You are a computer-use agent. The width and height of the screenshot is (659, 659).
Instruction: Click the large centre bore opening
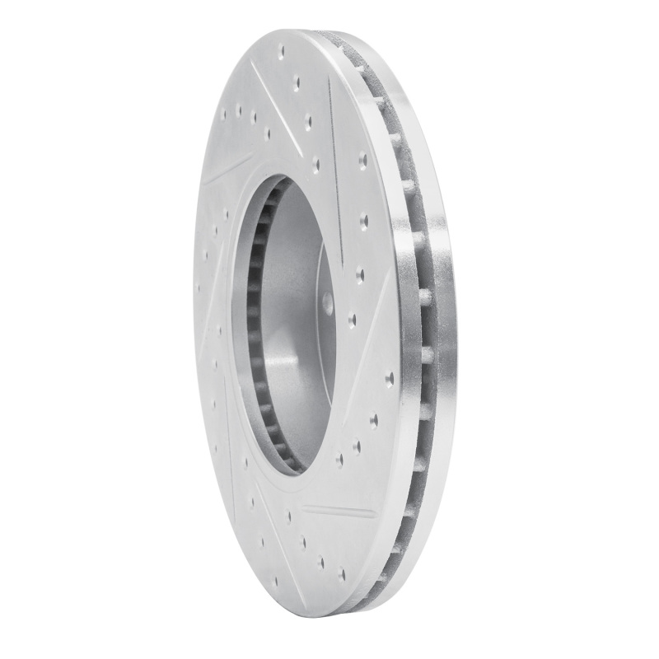[x=284, y=321]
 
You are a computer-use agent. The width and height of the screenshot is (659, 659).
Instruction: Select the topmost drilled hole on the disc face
[x=282, y=51]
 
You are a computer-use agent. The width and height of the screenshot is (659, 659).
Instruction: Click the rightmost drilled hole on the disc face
[x=390, y=378]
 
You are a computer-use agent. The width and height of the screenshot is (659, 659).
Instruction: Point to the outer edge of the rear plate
[x=445, y=329]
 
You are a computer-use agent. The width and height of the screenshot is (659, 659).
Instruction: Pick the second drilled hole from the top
[x=297, y=83]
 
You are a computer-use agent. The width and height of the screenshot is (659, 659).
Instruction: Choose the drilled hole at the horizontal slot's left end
[x=289, y=516]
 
